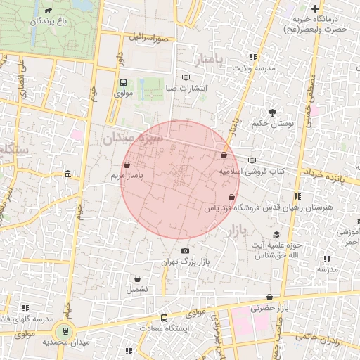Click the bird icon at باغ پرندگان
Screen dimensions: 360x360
pyautogui.click(x=47, y=11)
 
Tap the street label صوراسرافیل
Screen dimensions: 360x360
pyautogui.click(x=149, y=36)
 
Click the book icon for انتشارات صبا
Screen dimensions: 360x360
pyautogui.click(x=186, y=77)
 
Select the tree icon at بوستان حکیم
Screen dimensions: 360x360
pyautogui.click(x=271, y=112)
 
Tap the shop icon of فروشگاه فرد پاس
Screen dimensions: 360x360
pyautogui.click(x=232, y=198)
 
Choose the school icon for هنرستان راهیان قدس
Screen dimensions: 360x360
pyautogui.click(x=297, y=196)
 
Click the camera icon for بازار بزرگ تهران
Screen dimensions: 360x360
pyautogui.click(x=185, y=251)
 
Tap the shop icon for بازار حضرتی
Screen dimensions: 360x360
pyautogui.click(x=271, y=297)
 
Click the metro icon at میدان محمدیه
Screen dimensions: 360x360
pyautogui.click(x=66, y=330)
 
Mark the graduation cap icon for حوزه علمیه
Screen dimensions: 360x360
pyautogui.click(x=277, y=234)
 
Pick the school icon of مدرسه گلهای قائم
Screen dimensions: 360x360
pyautogui.click(x=25, y=308)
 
